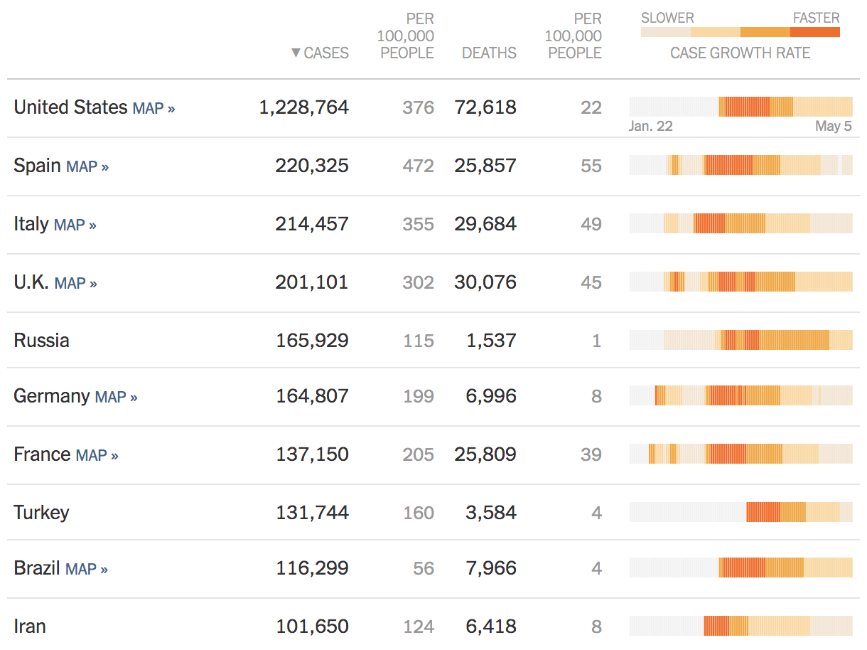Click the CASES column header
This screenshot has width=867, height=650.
click(326, 53)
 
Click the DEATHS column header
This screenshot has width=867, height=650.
click(489, 53)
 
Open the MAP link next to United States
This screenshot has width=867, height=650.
click(154, 108)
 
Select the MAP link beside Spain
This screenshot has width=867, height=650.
click(87, 166)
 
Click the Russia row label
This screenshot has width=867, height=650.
click(42, 340)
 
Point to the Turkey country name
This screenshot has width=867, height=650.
click(42, 512)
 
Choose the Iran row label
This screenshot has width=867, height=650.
click(30, 627)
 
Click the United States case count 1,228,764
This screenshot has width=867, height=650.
click(303, 107)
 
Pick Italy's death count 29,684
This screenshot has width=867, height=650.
click(485, 224)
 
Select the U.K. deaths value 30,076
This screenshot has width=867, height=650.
click(485, 282)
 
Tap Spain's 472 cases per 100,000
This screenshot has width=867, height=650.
click(418, 166)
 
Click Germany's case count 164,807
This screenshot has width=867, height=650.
click(312, 396)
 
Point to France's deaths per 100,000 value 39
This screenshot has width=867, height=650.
click(591, 454)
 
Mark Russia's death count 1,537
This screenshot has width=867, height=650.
click(491, 341)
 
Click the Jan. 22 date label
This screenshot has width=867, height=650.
click(650, 127)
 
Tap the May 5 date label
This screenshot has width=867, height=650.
click(833, 127)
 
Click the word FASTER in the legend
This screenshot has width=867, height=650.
click(816, 18)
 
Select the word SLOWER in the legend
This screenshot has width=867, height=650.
click(667, 18)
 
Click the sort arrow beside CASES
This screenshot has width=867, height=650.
click(296, 53)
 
